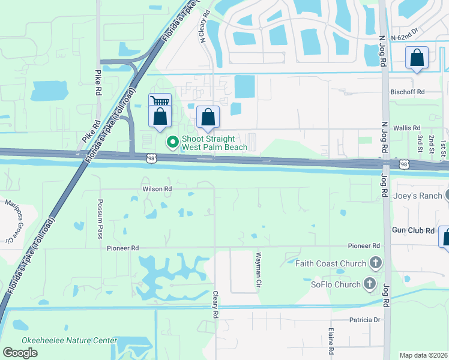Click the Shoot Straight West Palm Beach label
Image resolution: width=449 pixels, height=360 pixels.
click(214, 143)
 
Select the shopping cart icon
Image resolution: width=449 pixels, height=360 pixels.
click(160, 101)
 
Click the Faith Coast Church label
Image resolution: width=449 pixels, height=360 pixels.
click(331, 263)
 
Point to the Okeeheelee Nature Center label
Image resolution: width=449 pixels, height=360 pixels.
click(70, 340)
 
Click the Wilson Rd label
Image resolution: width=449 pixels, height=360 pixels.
click(157, 189)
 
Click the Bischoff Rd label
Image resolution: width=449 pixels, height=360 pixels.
click(408, 92)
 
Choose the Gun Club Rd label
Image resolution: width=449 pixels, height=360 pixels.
click(413, 230)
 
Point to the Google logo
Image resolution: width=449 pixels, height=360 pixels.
click(20, 352)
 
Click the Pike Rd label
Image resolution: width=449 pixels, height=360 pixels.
click(98, 83)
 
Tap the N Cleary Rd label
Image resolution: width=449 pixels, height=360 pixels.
click(203, 26)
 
